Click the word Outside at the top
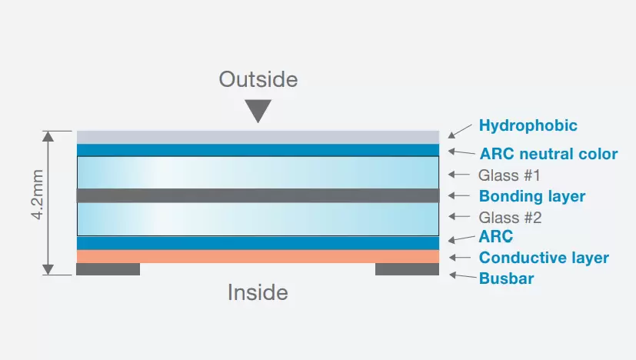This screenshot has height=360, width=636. pos(258,79)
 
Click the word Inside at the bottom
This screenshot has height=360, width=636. pos(258,292)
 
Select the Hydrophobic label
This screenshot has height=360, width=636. pos(528,125)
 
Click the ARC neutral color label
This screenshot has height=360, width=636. pos(548,154)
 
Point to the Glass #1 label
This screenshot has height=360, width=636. pos(510,175)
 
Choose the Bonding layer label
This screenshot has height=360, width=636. pos(532,196)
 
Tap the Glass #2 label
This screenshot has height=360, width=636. pos(510,218)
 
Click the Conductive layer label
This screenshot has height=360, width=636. pos(544,258)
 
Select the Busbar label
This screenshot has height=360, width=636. pos(506,278)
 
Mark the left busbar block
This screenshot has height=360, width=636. pos(108,269)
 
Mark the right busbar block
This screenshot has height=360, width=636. pos(407,269)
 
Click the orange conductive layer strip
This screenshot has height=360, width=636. pos(258,256)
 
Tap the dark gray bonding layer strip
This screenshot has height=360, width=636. pos(258,195)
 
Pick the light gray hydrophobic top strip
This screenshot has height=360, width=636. pos(258,137)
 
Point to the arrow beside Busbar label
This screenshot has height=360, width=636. pos(459,275)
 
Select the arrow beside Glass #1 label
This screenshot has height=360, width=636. pos(460,175)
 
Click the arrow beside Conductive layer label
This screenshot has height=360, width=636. pos(460,258)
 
